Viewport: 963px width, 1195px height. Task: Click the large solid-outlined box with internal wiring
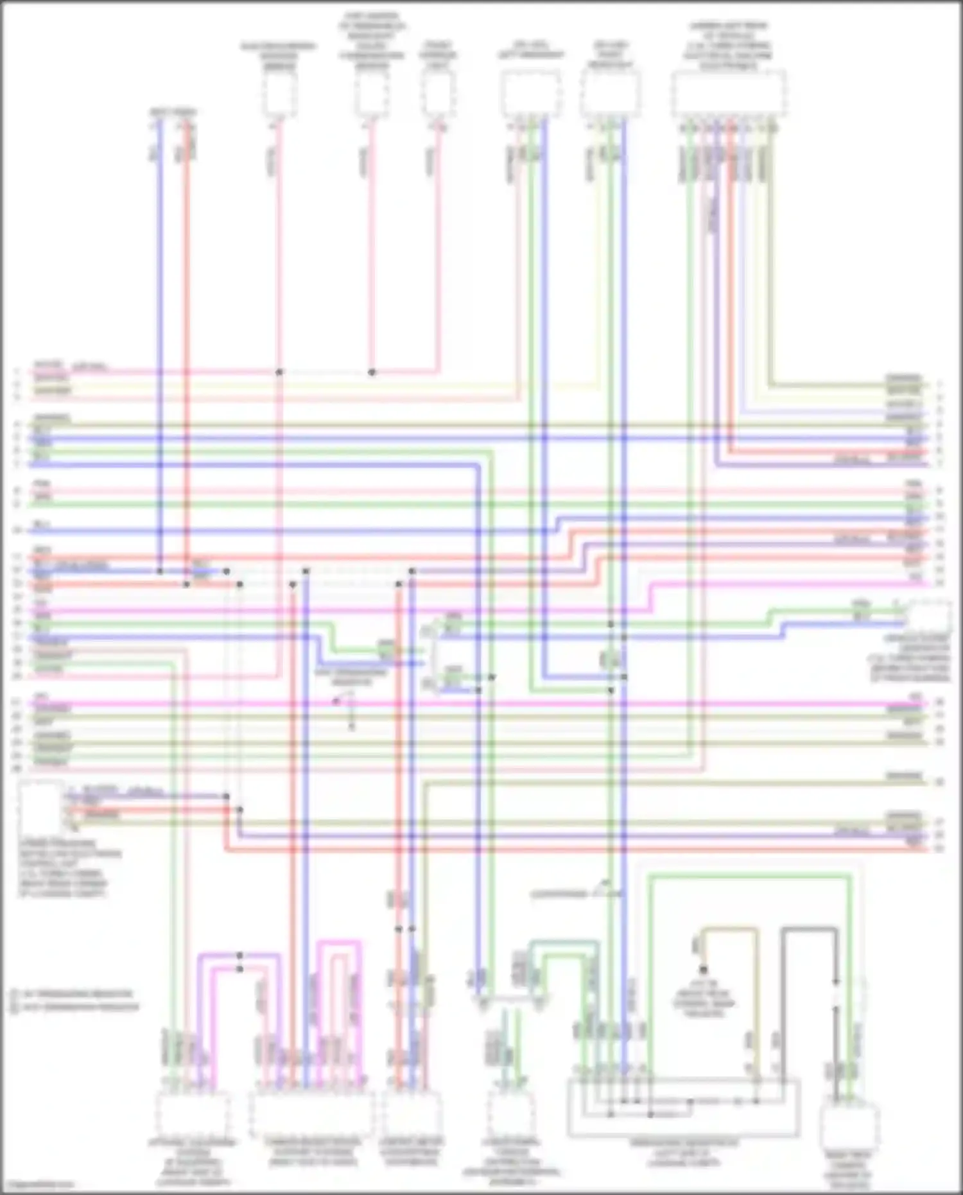(684, 1108)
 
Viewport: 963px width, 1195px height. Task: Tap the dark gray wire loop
(809, 929)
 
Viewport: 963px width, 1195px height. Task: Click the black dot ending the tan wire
(704, 970)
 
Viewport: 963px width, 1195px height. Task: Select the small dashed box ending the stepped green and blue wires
(928, 616)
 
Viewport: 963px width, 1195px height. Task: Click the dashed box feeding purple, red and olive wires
(40, 808)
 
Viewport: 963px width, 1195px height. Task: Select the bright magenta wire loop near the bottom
(338, 943)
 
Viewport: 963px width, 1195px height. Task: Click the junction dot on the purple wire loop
(239, 955)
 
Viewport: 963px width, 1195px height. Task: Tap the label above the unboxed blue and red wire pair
(173, 112)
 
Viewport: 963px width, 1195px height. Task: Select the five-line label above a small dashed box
(372, 41)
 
